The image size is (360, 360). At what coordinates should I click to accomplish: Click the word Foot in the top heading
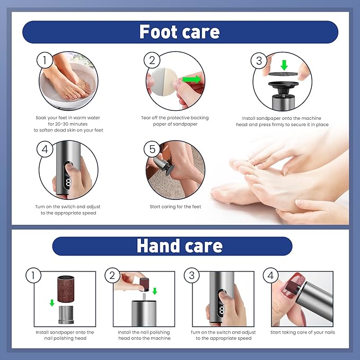point(159,32)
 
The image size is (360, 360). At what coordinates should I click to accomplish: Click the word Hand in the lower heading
point(158,246)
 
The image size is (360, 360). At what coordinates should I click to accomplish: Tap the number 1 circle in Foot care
point(45,60)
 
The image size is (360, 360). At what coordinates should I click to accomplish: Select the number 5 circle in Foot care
point(152,149)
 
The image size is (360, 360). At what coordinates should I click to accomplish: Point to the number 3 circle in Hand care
point(192,275)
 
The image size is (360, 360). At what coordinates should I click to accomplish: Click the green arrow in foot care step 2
point(192,80)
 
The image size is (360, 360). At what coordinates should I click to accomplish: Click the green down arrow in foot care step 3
point(284,65)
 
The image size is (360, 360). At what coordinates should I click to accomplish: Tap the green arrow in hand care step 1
point(52,303)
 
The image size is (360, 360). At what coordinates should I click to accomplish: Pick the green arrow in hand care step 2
point(155,291)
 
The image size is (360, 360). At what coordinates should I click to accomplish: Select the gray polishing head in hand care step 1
point(66,315)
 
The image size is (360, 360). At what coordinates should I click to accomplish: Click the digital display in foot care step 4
point(68,182)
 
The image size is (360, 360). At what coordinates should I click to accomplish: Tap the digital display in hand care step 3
point(221,310)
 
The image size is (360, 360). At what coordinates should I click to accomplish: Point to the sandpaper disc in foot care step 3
point(283,74)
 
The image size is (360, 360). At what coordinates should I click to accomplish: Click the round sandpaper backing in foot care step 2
point(164,82)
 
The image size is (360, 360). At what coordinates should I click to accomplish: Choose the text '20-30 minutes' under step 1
point(68,124)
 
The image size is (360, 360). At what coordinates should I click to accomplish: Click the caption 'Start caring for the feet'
point(175,207)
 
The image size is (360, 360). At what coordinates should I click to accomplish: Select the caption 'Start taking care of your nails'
point(302,332)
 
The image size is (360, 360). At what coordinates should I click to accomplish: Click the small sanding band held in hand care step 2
point(144,285)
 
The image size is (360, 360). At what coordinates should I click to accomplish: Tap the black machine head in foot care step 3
point(283,87)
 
